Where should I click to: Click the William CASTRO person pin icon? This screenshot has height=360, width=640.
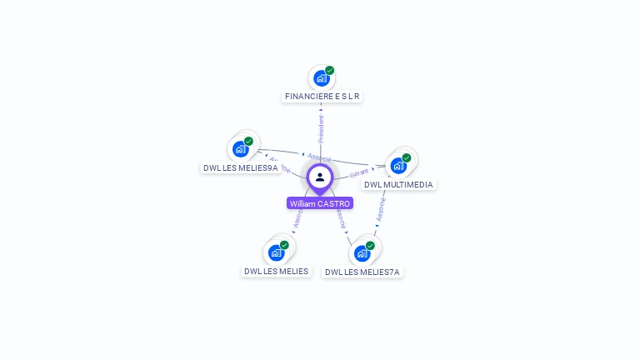click(x=320, y=177)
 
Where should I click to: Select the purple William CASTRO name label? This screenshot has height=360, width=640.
click(x=320, y=203)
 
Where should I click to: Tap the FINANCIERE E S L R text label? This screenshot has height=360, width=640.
click(x=322, y=97)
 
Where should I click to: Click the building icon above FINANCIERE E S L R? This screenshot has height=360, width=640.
click(x=321, y=78)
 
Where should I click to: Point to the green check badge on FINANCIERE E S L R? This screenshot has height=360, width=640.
click(x=330, y=71)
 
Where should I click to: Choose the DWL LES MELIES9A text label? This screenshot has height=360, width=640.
click(x=240, y=167)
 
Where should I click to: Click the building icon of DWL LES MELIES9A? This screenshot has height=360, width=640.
click(x=241, y=148)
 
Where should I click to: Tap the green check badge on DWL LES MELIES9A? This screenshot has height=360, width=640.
click(x=248, y=142)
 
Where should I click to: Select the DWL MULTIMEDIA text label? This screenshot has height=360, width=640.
click(x=399, y=184)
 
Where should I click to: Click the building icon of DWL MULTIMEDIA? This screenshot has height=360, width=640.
click(x=398, y=165)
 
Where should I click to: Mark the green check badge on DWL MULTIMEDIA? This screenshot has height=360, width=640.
click(x=407, y=157)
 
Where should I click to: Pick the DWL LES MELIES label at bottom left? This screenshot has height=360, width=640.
click(x=276, y=271)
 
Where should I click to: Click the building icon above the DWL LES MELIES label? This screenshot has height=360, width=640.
click(x=276, y=252)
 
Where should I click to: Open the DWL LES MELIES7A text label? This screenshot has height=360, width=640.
click(x=362, y=272)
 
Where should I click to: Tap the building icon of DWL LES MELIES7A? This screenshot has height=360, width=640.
click(x=362, y=252)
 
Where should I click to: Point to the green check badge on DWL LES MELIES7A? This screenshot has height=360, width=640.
click(x=370, y=246)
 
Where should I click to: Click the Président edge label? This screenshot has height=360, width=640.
click(x=321, y=128)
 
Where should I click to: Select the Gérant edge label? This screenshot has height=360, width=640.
click(x=359, y=173)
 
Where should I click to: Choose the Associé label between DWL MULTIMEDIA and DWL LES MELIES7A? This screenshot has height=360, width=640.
click(x=381, y=209)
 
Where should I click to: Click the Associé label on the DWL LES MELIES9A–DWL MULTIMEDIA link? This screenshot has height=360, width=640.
click(x=319, y=157)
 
